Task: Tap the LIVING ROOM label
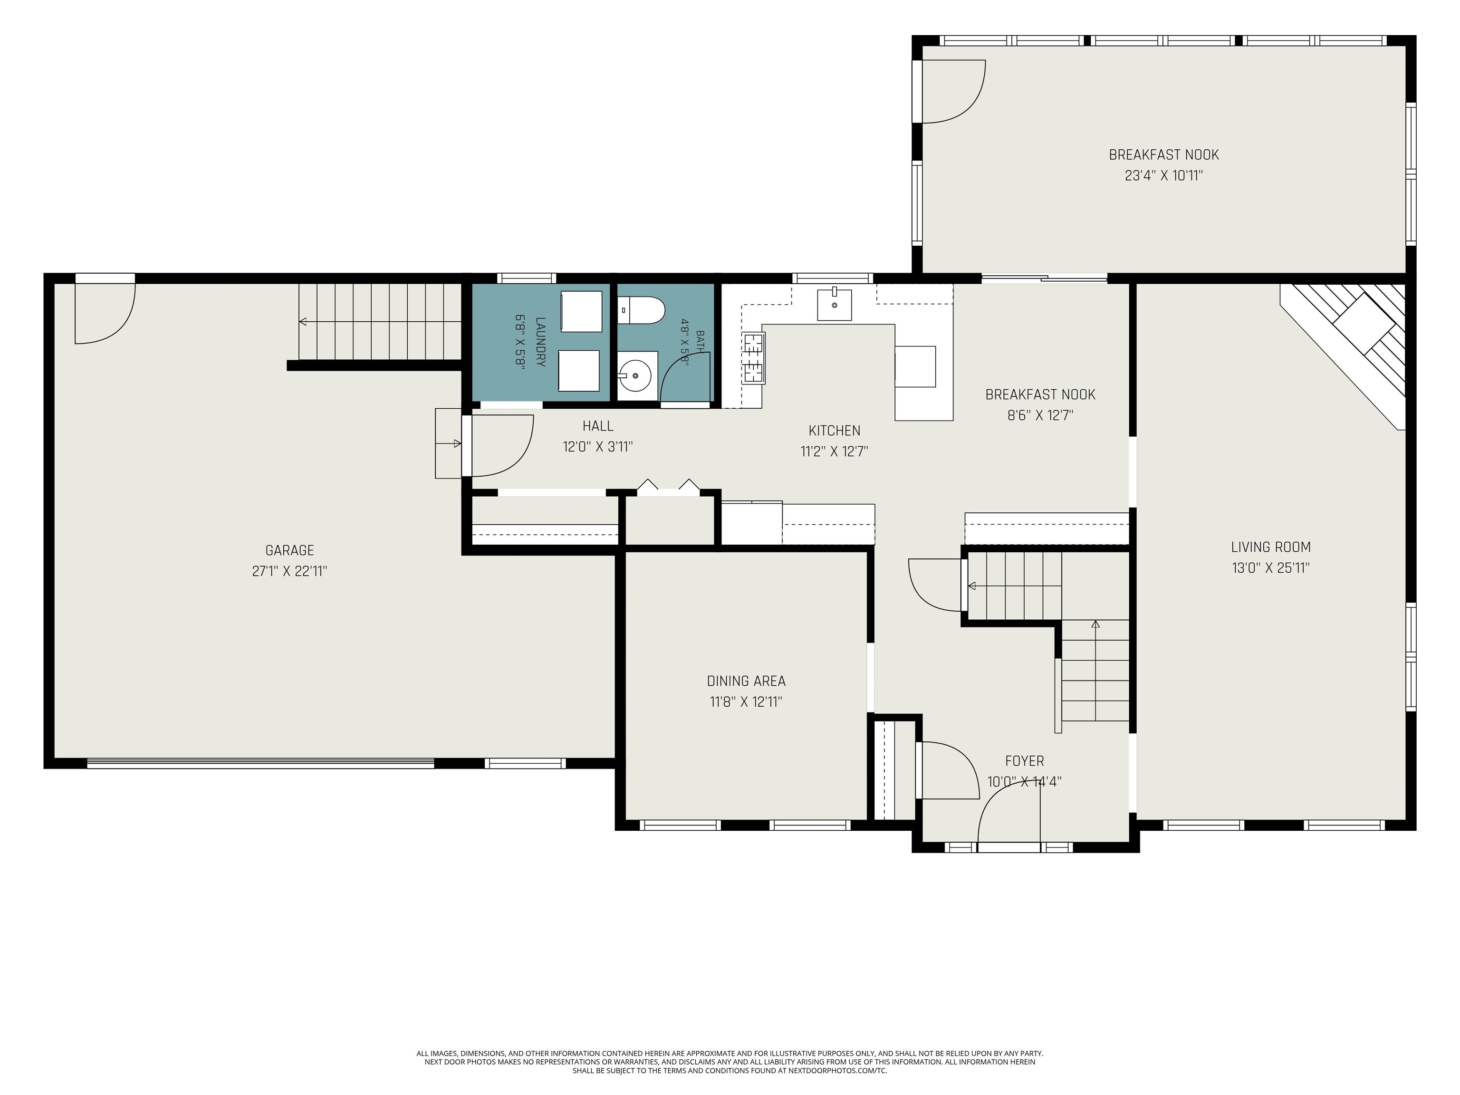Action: pos(1270,547)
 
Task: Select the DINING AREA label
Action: pos(746,681)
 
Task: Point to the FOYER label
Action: pos(1024,760)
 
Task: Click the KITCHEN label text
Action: pos(834,430)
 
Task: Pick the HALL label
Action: pos(597,426)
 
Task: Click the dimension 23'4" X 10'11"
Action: pos(1163,175)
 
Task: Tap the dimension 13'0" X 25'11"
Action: pos(1270,567)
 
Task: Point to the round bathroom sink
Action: pos(635,375)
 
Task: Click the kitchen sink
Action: pos(834,305)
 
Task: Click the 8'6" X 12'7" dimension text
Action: pos(1040,415)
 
